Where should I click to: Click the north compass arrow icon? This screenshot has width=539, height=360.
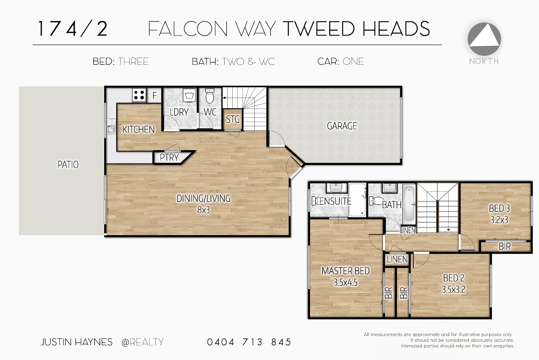coord(484,39)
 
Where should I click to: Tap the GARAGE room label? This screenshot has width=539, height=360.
coord(342,126)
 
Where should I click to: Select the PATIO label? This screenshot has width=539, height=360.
coord(68,164)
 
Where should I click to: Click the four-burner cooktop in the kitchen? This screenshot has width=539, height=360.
coord(139,95)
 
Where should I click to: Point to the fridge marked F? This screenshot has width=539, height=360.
coord(155,96)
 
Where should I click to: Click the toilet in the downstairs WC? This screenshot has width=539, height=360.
coord(210,96)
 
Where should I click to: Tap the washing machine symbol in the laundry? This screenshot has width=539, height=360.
coord(190,95)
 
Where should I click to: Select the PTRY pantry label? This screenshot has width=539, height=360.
coord(169,157)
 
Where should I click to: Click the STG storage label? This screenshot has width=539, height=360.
coord(233,119)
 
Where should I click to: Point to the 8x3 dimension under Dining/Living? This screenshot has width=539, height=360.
coord(203,210)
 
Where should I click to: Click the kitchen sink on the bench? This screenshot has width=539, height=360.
coord(111,126)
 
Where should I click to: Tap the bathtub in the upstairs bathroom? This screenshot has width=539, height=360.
coord(409,204)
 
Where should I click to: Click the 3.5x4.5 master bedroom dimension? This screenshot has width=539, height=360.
coord(345,282)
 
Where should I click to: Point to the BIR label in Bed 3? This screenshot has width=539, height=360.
coord(504,247)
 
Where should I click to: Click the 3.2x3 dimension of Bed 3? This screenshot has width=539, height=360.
coord(499,220)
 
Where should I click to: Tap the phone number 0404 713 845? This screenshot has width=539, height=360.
coord(249,342)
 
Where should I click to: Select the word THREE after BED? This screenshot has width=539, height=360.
coord(133,62)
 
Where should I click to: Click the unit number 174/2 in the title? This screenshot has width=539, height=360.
coord(73,29)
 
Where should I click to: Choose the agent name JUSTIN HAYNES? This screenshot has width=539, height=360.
coord(76,342)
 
